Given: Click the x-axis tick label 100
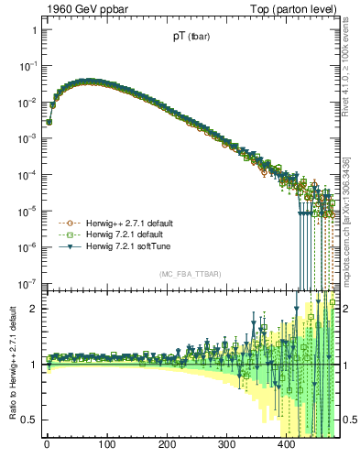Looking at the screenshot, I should click(x=106, y=445).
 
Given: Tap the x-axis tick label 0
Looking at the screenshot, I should click(x=47, y=445).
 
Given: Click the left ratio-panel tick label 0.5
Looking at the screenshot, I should click(x=29, y=420).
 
